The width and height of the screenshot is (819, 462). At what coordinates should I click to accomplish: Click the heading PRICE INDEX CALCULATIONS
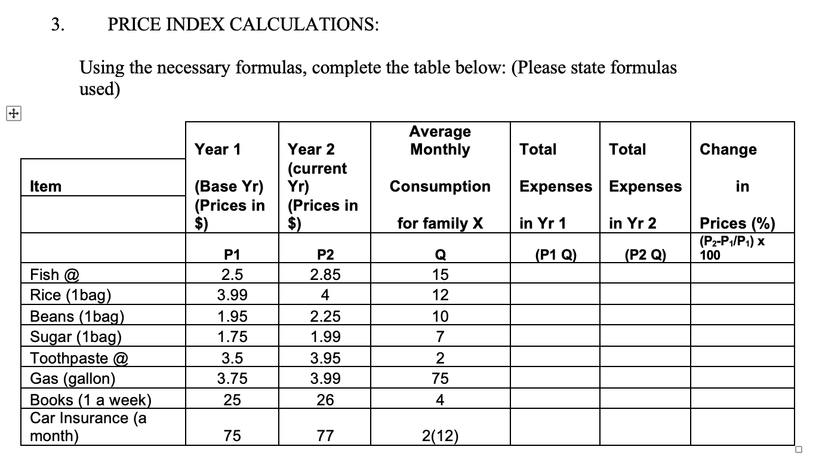(x=242, y=24)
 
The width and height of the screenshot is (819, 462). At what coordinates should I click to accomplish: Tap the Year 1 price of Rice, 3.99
(x=232, y=295)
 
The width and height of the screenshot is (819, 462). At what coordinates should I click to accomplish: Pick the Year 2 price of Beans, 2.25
(x=325, y=316)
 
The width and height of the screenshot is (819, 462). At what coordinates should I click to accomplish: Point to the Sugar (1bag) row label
(x=76, y=337)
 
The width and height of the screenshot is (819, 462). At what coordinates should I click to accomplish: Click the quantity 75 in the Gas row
(x=440, y=378)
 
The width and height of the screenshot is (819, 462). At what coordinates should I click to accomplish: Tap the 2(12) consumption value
(x=440, y=437)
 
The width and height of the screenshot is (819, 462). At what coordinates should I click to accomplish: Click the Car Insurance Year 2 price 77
(x=325, y=437)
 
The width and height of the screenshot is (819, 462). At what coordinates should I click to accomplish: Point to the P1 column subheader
(x=232, y=255)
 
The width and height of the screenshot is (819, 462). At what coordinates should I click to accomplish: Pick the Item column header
(x=46, y=186)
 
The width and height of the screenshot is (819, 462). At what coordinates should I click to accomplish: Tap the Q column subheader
(x=440, y=255)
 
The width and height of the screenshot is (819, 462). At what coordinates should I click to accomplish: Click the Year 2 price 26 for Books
(x=325, y=399)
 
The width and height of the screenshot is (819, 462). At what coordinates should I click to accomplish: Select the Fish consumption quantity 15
(x=440, y=275)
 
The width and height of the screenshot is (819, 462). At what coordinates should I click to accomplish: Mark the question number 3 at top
(x=56, y=24)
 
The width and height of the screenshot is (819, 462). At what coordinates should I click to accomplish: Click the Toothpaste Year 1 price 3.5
(x=232, y=358)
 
